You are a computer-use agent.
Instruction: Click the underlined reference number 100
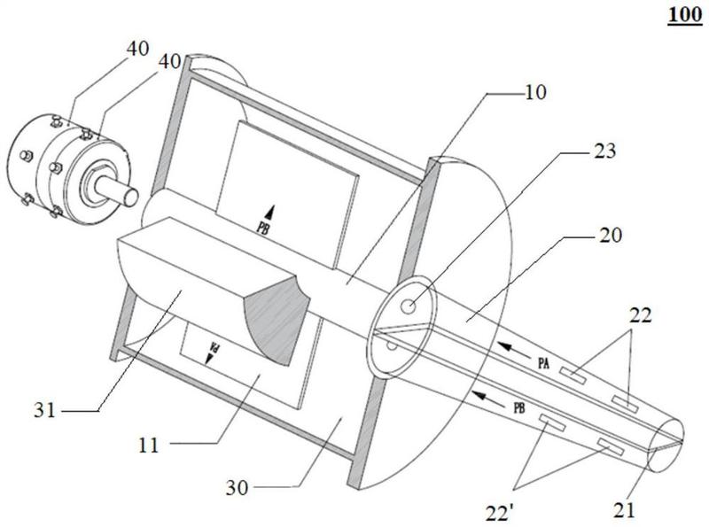coord(684,15)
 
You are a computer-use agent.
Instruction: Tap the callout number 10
coord(535,92)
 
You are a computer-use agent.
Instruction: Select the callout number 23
coord(605,151)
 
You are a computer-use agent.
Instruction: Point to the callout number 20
coord(611,235)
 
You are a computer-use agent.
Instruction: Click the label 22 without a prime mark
coord(641,314)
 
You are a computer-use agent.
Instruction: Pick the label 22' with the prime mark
coord(500,514)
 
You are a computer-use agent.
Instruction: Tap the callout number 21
coord(624,510)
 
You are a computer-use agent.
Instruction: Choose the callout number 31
coord(44,410)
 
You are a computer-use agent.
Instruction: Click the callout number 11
coord(148,446)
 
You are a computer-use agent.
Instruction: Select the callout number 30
coord(238,488)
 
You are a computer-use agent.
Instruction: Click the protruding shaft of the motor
coord(117,188)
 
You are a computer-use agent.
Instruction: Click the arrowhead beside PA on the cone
coord(505,347)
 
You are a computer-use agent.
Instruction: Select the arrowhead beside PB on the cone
coord(480,397)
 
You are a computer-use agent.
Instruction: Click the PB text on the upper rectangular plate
coord(263,227)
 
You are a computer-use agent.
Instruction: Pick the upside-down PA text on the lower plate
coord(215,347)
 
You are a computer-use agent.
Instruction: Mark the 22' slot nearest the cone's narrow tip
coord(611,446)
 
